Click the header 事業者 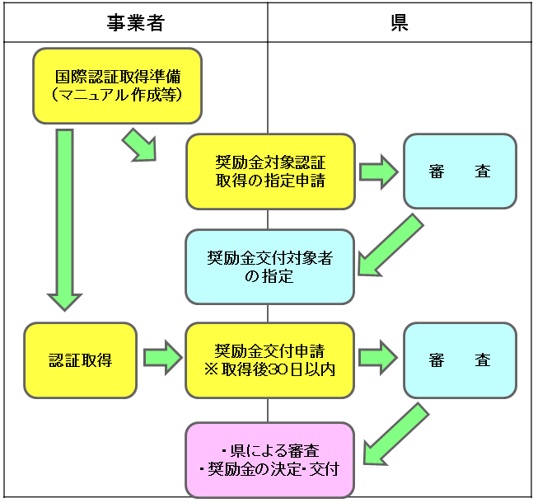click(x=135, y=22)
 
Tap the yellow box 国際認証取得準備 click(x=117, y=85)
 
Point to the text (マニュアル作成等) click(x=117, y=96)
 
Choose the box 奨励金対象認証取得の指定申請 click(x=270, y=172)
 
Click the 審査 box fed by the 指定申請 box click(x=460, y=172)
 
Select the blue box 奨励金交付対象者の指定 click(x=270, y=266)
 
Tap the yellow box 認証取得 click(x=80, y=360)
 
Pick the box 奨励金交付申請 click(x=270, y=360)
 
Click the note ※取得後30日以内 click(x=270, y=369)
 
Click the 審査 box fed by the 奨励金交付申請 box click(x=460, y=360)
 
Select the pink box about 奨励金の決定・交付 click(x=270, y=460)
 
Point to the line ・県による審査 click(x=270, y=451)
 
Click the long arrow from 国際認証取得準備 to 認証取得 click(x=64, y=219)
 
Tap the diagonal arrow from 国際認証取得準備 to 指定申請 click(x=139, y=145)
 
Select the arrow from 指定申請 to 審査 click(x=378, y=172)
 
